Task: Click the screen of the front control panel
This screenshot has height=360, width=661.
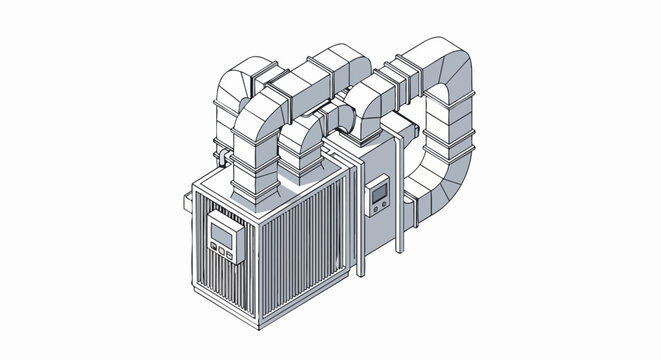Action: coord(222,236)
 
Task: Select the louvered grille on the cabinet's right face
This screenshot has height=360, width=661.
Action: coord(305,250)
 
